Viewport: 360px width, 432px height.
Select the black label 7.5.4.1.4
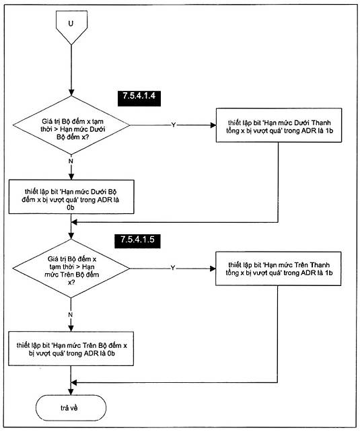[139, 98]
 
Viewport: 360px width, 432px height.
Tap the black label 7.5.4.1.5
[137, 240]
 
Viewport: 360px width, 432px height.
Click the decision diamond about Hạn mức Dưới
[71, 125]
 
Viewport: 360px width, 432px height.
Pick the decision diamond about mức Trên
[71, 268]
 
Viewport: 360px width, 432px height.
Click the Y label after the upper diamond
[174, 125]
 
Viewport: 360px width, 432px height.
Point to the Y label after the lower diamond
[173, 268]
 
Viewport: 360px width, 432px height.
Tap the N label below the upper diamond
[71, 161]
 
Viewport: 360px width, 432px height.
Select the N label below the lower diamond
[71, 315]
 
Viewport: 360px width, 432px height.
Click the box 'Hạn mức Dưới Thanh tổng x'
[279, 125]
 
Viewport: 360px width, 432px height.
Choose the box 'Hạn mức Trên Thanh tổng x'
[278, 268]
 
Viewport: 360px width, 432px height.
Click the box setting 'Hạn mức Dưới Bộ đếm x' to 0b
[71, 196]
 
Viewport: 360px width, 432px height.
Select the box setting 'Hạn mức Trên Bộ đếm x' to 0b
[71, 349]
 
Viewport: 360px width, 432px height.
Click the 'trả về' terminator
[71, 408]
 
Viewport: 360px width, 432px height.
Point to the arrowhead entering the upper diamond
[71, 93]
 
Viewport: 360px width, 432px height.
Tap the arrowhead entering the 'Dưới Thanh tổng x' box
[213, 125]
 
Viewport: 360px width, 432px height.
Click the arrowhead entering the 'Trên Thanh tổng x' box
[213, 268]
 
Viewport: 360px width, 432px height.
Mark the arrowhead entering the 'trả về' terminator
[71, 392]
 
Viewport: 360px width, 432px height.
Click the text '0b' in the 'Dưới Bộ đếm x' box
[71, 207]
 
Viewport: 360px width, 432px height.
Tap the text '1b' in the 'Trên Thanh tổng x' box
[328, 273]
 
